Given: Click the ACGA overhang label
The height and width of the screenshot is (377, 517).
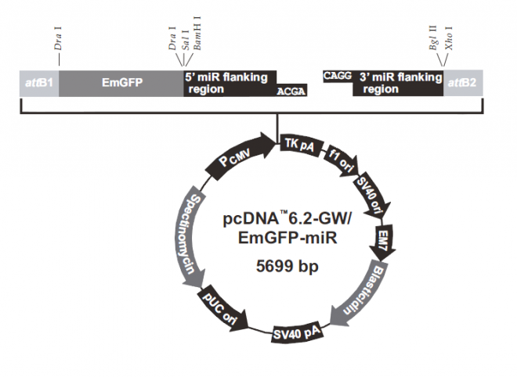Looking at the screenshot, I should pyautogui.click(x=291, y=92).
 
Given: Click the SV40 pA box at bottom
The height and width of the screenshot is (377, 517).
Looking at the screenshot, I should pyautogui.click(x=296, y=333).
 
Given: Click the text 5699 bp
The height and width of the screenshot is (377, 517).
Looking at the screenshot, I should pyautogui.click(x=287, y=266).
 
